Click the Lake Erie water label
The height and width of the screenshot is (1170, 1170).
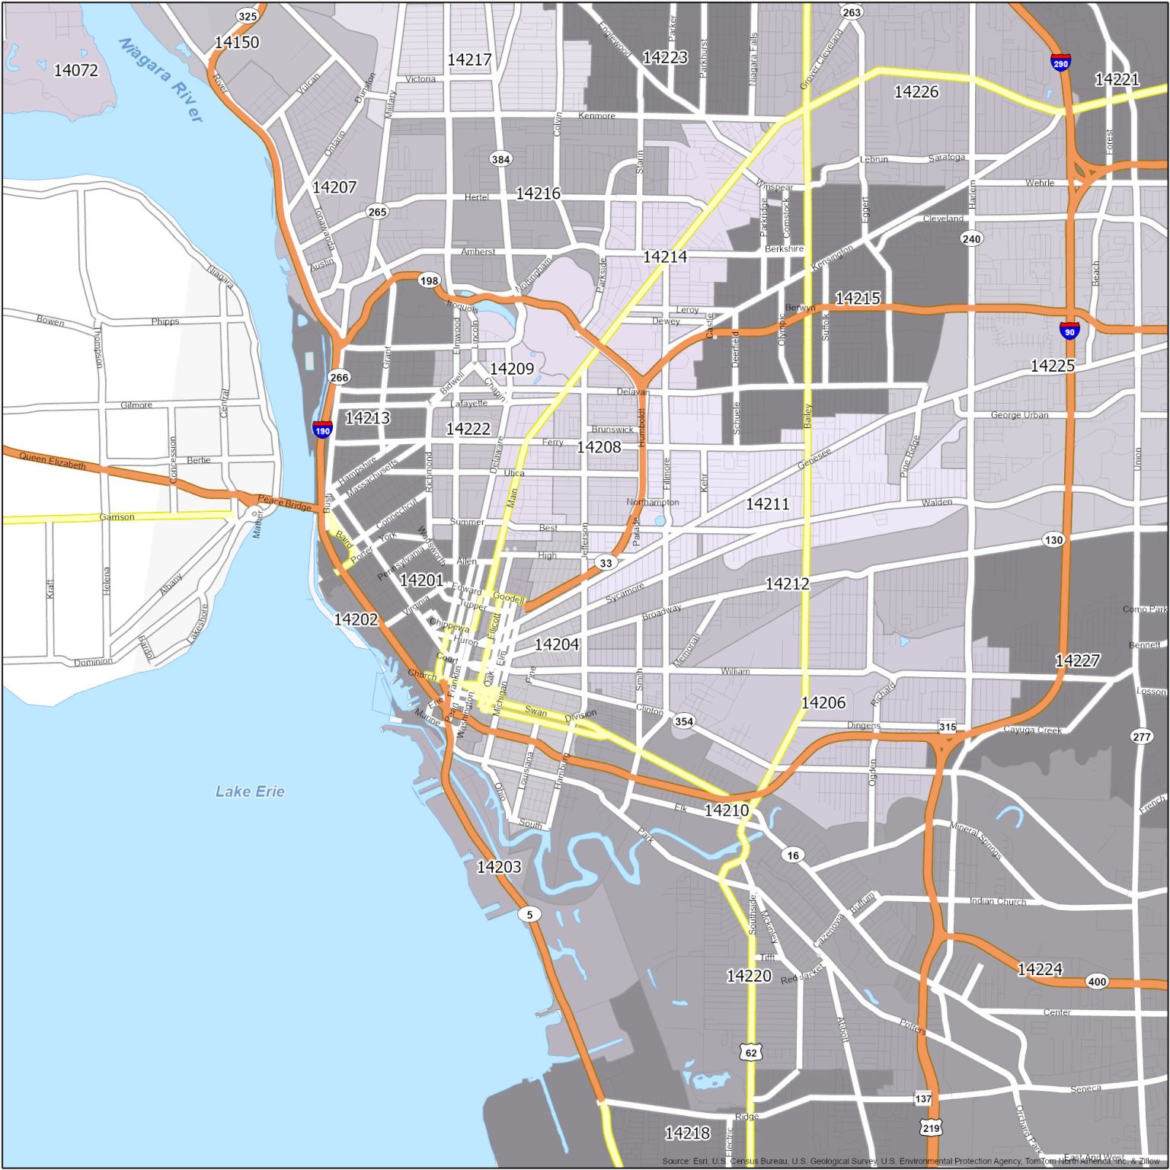[x=250, y=791]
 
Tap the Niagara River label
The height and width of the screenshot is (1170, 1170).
[x=161, y=79]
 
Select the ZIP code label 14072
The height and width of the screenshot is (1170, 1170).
[x=76, y=70]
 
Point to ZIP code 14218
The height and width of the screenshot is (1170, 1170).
[x=687, y=1133]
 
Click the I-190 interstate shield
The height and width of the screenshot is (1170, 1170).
[x=322, y=430]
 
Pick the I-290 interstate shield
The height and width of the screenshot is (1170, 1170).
[x=1060, y=62]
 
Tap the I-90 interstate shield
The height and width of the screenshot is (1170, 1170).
[x=1069, y=331]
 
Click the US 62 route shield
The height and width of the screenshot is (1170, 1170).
[x=751, y=1052]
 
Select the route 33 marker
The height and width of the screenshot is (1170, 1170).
[x=606, y=563]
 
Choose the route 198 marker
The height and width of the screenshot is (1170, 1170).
[x=429, y=280]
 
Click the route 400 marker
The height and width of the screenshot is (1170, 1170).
[x=1097, y=981]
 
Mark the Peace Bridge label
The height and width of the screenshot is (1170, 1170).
[x=284, y=503]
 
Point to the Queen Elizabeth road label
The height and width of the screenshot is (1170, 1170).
[x=53, y=460]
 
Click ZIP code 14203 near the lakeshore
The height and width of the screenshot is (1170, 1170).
[x=499, y=866]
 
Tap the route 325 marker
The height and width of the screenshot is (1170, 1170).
[x=248, y=16]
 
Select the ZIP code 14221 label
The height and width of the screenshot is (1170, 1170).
[x=1117, y=79]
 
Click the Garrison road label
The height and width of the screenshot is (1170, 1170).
[x=117, y=517]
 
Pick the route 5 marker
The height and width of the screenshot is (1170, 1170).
[x=529, y=914]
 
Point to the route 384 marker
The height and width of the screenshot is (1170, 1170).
[x=500, y=159]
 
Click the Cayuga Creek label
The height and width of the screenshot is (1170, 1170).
[x=1032, y=730]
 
